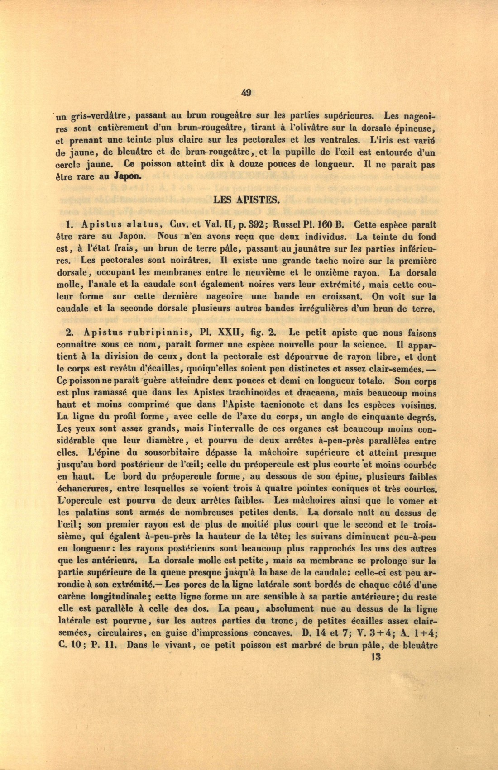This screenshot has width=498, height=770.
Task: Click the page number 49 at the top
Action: tap(246, 93)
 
